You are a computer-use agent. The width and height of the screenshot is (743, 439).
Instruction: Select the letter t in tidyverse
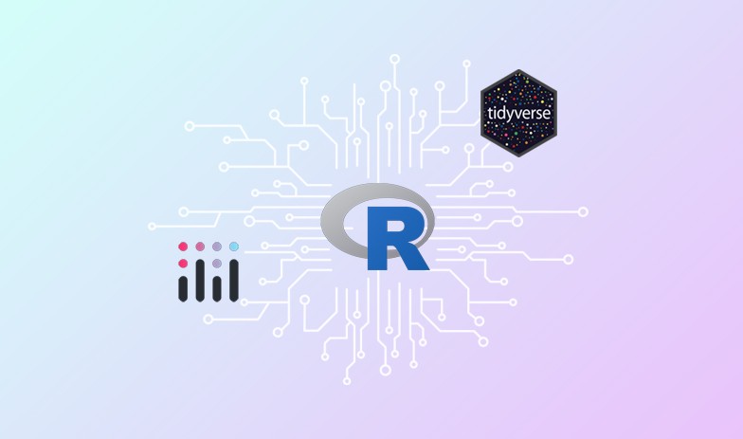click(x=489, y=113)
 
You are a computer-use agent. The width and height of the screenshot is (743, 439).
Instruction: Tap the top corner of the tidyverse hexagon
click(x=518, y=70)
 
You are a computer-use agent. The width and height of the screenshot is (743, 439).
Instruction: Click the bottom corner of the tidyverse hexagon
click(x=518, y=156)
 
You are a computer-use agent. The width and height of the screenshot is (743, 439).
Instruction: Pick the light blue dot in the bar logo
click(x=233, y=247)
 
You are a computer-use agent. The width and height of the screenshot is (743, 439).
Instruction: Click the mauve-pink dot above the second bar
click(x=200, y=247)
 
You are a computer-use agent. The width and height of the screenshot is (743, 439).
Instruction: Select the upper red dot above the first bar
click(x=183, y=247)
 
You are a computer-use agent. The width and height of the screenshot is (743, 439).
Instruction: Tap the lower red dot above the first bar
click(x=183, y=263)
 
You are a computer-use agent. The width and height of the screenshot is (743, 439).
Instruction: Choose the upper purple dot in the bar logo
click(x=217, y=247)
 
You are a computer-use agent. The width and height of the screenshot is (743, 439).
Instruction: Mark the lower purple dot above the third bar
click(x=217, y=263)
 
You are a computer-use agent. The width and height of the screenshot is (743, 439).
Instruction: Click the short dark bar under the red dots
click(x=184, y=286)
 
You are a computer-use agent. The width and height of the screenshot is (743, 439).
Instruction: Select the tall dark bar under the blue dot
click(x=233, y=279)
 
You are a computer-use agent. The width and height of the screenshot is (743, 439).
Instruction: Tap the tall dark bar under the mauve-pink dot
click(x=200, y=279)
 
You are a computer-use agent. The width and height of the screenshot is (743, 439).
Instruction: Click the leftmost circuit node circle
click(x=152, y=227)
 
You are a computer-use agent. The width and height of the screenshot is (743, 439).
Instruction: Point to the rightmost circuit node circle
click(x=583, y=211)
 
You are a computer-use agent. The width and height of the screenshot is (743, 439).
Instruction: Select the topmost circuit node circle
click(x=394, y=59)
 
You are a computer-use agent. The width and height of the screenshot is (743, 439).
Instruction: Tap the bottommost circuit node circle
click(x=347, y=380)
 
